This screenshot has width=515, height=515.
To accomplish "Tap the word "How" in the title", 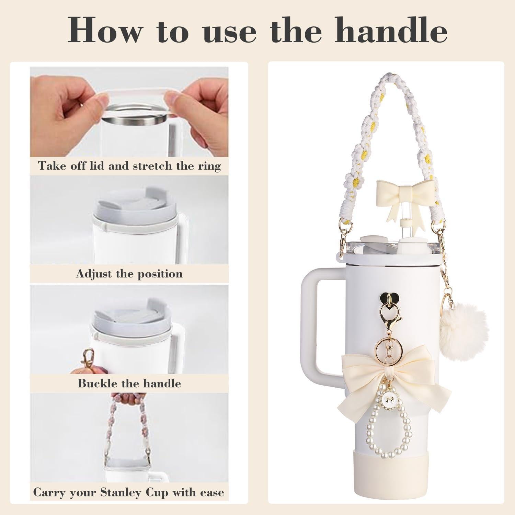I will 104,32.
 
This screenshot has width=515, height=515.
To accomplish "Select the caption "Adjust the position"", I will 129,274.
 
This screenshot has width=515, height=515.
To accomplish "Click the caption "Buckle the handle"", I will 129,383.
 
